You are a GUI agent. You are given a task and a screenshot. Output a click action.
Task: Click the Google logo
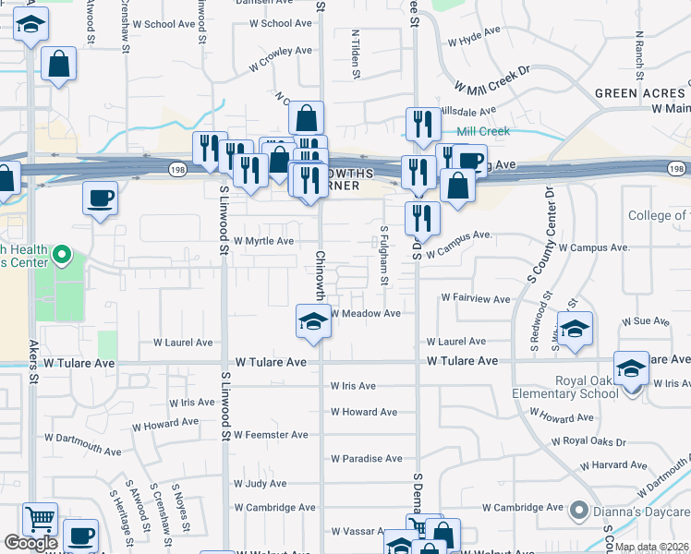30,544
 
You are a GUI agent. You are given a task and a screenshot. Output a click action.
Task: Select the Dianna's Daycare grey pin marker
579,509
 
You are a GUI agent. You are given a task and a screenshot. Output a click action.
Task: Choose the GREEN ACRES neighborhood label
640,93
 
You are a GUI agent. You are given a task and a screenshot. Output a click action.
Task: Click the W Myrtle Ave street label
263,241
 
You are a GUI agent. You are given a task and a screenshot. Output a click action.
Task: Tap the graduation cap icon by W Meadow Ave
313,321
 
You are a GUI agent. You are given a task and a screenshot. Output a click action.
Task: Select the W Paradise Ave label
367,458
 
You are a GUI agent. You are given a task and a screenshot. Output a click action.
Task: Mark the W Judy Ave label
261,483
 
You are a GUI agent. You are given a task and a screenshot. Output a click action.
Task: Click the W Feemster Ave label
271,434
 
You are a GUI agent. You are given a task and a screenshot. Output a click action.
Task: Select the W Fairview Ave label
476,299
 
